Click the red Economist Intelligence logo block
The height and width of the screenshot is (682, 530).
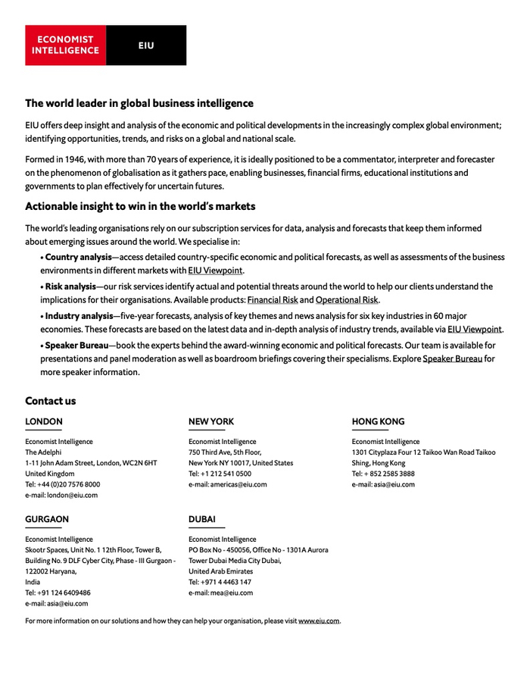pyautogui.click(x=66, y=45)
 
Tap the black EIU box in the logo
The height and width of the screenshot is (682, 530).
pyautogui.click(x=146, y=45)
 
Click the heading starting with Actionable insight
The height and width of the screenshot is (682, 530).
pyautogui.click(x=140, y=206)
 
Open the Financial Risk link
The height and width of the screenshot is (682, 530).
pyautogui.click(x=273, y=300)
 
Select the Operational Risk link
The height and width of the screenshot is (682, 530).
pyautogui.click(x=347, y=300)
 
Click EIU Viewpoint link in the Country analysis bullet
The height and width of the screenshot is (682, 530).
pyautogui.click(x=215, y=271)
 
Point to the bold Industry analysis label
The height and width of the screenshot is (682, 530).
pyautogui.click(x=79, y=315)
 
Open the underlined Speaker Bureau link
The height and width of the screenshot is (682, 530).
pyautogui.click(x=452, y=358)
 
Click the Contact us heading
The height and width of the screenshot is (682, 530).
pyautogui.click(x=51, y=401)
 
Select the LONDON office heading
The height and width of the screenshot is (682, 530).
pyautogui.click(x=44, y=421)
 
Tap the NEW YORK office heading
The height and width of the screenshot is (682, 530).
pyautogui.click(x=211, y=421)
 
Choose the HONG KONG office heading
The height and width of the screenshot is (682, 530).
pyautogui.click(x=378, y=421)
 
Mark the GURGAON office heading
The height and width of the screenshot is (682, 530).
pyautogui.click(x=47, y=519)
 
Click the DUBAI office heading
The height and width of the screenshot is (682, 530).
pyautogui.click(x=202, y=519)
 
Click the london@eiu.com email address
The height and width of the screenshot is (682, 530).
pyautogui.click(x=73, y=495)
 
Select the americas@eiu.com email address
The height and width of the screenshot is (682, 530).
pyautogui.click(x=238, y=484)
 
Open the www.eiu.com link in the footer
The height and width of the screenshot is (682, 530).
pyautogui.click(x=319, y=621)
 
